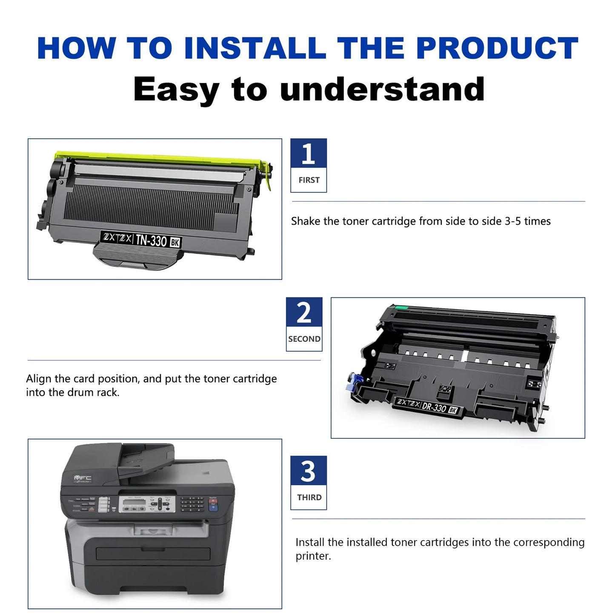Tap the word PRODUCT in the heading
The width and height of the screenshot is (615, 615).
tap(497, 48)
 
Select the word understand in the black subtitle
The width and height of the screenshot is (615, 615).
tap(382, 89)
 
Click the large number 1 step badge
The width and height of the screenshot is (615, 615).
tap(309, 154)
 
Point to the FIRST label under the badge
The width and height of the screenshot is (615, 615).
tap(309, 180)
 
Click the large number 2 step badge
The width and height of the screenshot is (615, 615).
tap(304, 313)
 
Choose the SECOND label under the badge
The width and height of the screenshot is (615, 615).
tap(304, 339)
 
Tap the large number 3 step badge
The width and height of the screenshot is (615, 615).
tap(309, 471)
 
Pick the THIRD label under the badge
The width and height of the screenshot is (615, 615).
tap(309, 498)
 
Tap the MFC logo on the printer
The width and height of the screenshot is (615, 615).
tap(83, 478)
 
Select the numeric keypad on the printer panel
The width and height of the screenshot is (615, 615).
tap(191, 504)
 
